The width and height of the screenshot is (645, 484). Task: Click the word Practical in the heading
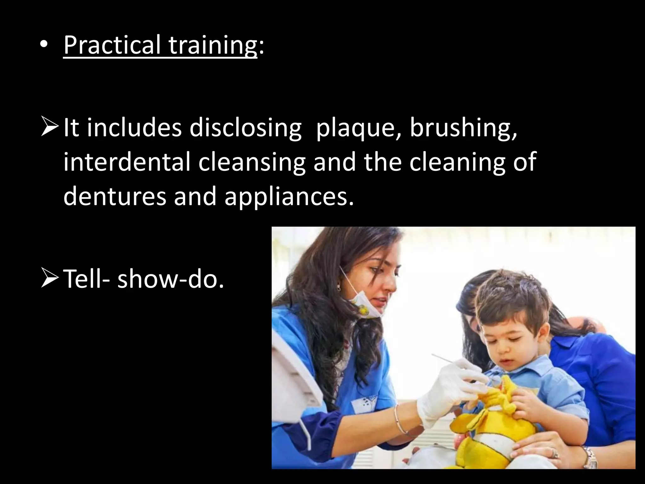tap(112, 45)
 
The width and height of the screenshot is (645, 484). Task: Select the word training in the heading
tap(213, 45)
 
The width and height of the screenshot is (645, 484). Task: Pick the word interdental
tap(127, 162)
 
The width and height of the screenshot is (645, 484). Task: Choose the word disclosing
tap(245, 128)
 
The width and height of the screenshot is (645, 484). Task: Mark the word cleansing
tap(252, 163)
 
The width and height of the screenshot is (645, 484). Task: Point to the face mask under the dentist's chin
tap(365, 304)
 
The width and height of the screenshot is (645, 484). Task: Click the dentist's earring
tap(339, 287)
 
